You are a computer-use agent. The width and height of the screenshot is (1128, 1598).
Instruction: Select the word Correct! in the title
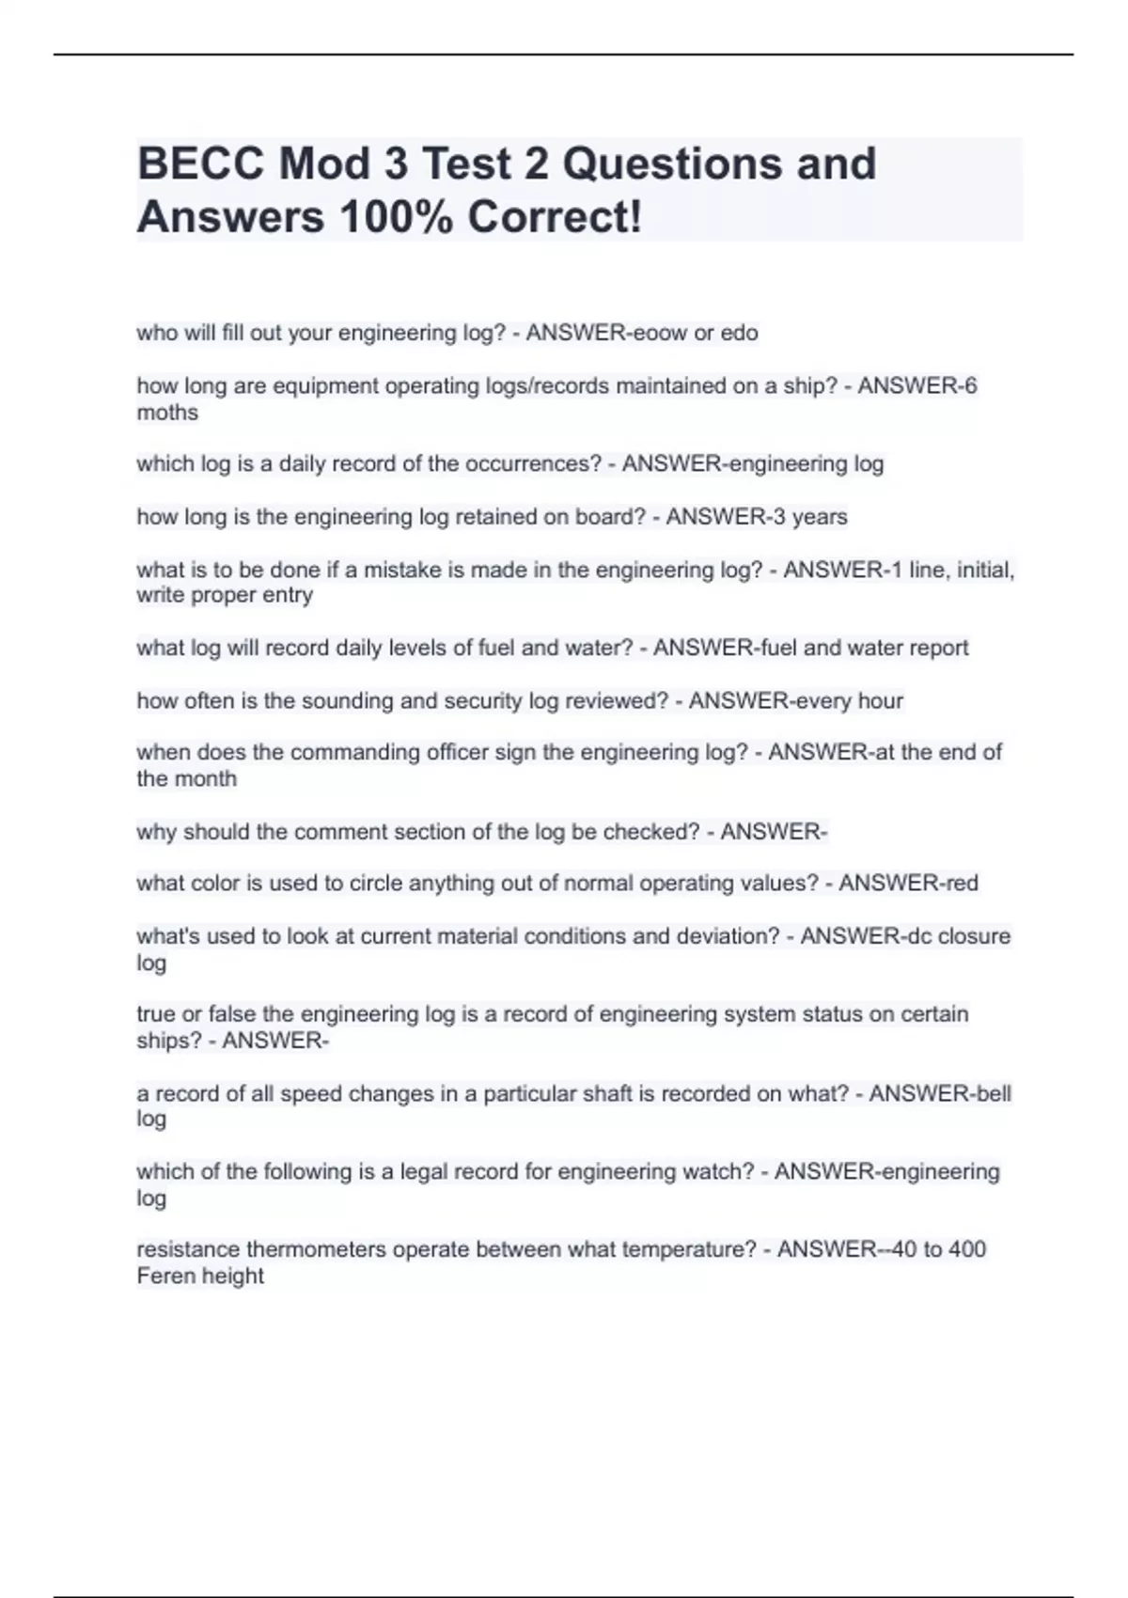click(x=555, y=217)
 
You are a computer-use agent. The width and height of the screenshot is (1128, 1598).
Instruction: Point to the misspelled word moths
click(x=167, y=413)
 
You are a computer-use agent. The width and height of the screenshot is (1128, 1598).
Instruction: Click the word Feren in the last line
click(x=164, y=1277)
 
